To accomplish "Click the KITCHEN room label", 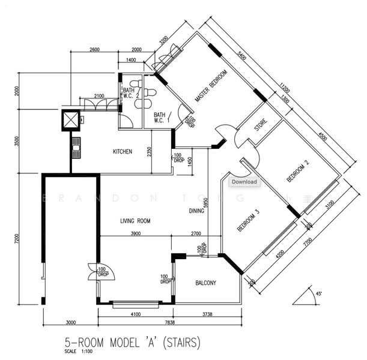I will pos(123,152).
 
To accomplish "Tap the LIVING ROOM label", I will pos(135,221).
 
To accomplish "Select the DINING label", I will pos(196,211).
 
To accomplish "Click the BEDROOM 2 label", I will pos(299,171).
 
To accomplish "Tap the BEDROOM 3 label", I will pos(248,220).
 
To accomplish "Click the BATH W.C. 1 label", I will pos(160,118).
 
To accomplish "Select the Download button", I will pos(244,182).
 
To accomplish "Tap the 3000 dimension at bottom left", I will pos(70,322).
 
